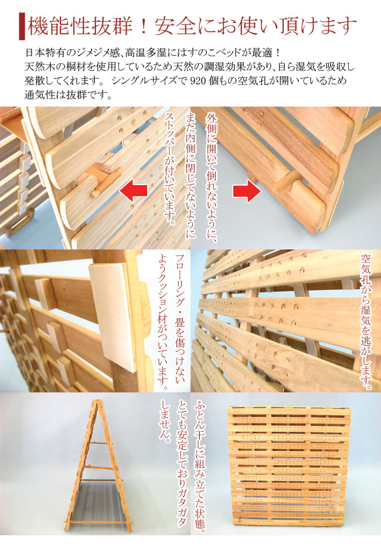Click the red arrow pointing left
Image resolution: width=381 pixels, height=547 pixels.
tap(133, 191)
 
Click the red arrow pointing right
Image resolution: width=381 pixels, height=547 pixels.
tap(247, 191)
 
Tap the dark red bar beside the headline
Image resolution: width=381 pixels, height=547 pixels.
tap(22, 27)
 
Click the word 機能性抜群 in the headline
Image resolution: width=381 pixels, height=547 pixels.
tap(81, 27)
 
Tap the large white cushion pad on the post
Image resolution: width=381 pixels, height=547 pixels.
tap(114, 316)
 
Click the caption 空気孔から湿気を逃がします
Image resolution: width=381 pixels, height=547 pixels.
tap(366, 322)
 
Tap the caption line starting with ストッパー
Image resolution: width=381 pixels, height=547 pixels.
tap(170, 169)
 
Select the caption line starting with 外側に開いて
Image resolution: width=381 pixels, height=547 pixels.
tap(212, 177)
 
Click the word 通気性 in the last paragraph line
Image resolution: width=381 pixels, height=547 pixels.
tap(38, 94)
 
